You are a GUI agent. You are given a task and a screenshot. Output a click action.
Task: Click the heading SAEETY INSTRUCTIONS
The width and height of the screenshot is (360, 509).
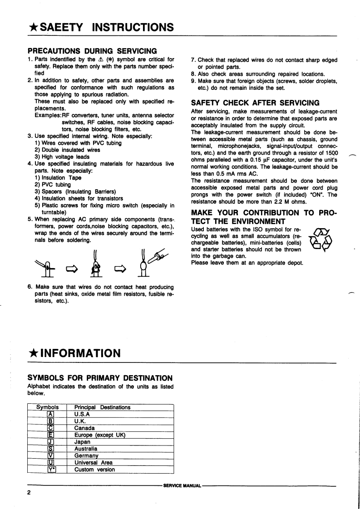pyautogui.click(x=101, y=28)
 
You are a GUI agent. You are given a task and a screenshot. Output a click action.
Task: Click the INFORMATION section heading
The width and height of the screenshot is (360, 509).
pyautogui.click(x=74, y=353)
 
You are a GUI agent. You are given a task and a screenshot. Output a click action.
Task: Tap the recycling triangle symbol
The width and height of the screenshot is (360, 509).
pyautogui.click(x=320, y=240)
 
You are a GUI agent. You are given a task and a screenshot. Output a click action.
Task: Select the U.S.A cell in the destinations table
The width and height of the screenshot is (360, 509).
pyautogui.click(x=82, y=414)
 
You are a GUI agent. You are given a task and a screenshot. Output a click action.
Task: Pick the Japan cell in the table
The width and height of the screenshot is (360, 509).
pyautogui.click(x=82, y=442)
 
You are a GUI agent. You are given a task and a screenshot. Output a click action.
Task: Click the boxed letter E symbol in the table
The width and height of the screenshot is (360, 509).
pyautogui.click(x=51, y=435)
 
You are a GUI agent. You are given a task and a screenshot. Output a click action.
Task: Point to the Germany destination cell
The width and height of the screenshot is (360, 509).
pyautogui.click(x=86, y=455)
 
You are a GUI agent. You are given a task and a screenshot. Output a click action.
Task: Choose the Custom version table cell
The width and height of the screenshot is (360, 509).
pyautogui.click(x=94, y=470)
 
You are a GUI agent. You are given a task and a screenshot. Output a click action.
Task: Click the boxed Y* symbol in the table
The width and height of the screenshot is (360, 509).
pyautogui.click(x=51, y=470)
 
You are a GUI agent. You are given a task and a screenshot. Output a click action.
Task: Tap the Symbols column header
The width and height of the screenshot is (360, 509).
pyautogui.click(x=47, y=407)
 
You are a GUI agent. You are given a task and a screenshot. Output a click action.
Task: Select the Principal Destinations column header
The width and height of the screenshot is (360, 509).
pyautogui.click(x=102, y=407)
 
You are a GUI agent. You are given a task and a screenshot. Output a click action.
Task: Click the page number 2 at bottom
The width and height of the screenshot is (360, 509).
pyautogui.click(x=29, y=493)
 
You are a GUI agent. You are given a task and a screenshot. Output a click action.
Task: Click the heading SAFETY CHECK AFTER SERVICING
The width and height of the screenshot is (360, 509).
pyautogui.click(x=255, y=103)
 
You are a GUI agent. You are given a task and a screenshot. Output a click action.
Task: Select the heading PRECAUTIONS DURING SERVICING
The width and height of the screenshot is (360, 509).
pyautogui.click(x=93, y=50)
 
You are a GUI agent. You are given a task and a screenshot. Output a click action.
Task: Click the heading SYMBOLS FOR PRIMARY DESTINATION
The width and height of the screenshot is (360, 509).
pyautogui.click(x=100, y=378)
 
